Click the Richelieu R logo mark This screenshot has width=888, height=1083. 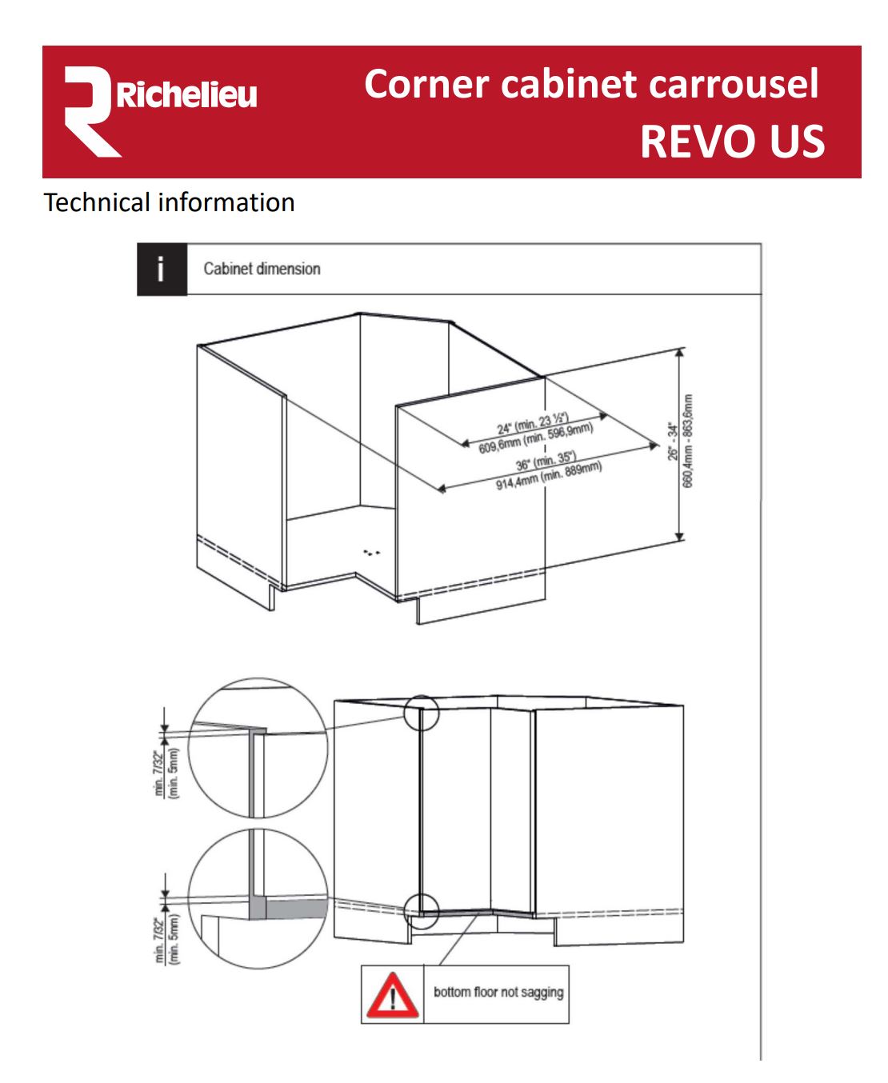(90, 112)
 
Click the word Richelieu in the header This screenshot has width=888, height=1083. (187, 95)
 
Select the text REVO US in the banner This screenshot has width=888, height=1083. (731, 142)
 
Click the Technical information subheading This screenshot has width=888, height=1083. (169, 202)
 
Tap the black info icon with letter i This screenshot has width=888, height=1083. (162, 270)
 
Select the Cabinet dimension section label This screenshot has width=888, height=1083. (262, 269)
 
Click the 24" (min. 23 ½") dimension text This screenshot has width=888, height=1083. (532, 422)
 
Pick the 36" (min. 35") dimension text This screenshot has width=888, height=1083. (546, 462)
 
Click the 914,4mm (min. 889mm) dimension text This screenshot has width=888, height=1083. (549, 476)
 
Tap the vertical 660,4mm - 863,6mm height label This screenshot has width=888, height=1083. (688, 441)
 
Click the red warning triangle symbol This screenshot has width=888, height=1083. (392, 995)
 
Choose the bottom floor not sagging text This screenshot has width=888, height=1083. (498, 993)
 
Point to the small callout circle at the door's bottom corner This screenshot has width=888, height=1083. (421, 907)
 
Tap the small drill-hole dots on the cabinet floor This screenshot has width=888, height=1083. (371, 552)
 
